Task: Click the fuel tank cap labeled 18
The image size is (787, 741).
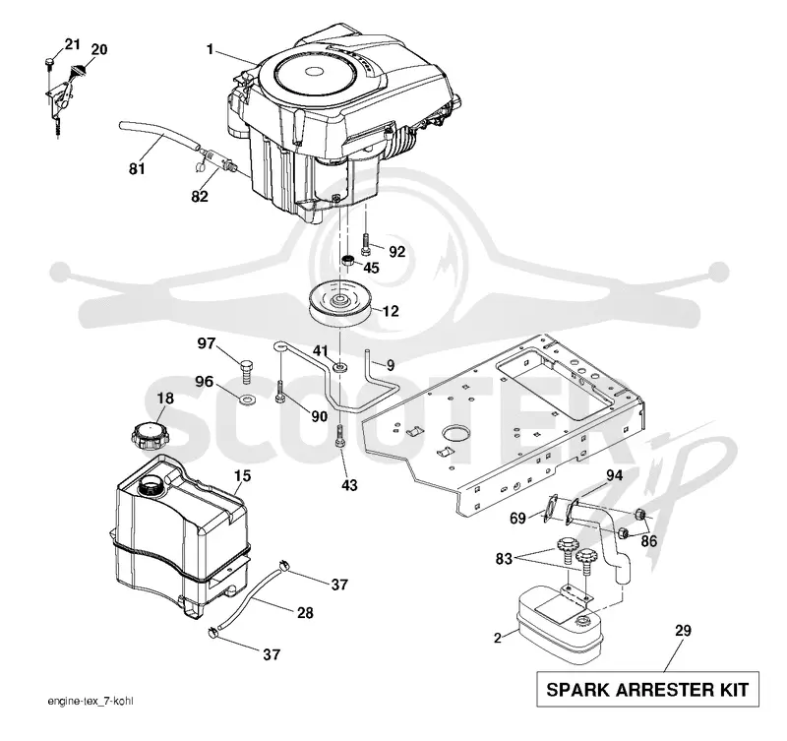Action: (151, 434)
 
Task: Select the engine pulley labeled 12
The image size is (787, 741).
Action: (339, 305)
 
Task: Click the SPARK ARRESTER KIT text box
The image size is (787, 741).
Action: (647, 689)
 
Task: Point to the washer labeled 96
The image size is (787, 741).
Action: (248, 401)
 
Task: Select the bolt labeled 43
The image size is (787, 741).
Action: (340, 435)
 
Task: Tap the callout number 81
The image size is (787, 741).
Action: (137, 169)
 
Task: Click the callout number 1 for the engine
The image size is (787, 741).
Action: (210, 49)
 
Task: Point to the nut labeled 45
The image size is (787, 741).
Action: (348, 261)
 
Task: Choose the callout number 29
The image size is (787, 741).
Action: (683, 630)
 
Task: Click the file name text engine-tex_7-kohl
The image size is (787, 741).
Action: (91, 701)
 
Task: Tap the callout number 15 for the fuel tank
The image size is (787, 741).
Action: (242, 475)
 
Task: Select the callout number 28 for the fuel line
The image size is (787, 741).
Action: (305, 612)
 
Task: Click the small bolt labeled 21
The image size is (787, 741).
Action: (49, 62)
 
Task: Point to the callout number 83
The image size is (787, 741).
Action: (504, 558)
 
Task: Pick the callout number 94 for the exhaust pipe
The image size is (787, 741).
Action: (614, 474)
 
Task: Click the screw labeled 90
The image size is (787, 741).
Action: (280, 391)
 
